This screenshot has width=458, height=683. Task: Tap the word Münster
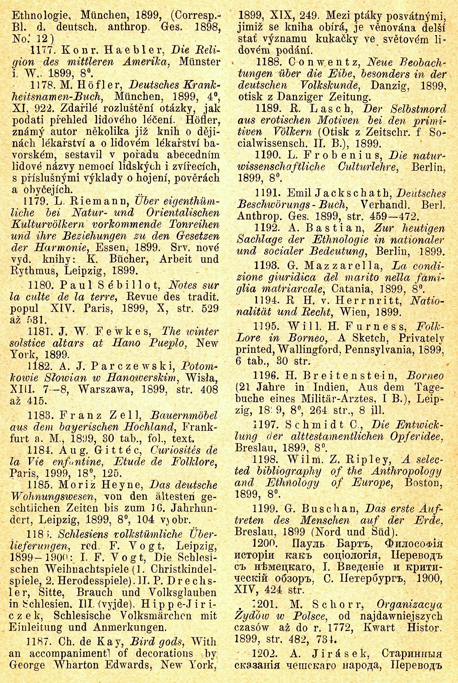click(200, 62)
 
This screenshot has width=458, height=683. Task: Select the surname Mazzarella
click(343, 266)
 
